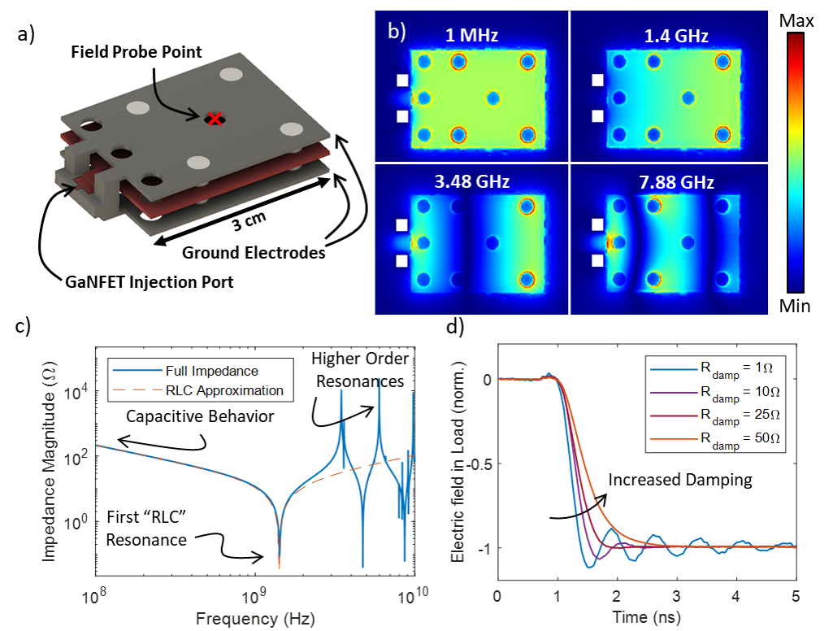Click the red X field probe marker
click(214, 119)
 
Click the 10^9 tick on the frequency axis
click(254, 598)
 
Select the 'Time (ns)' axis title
click(646, 616)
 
